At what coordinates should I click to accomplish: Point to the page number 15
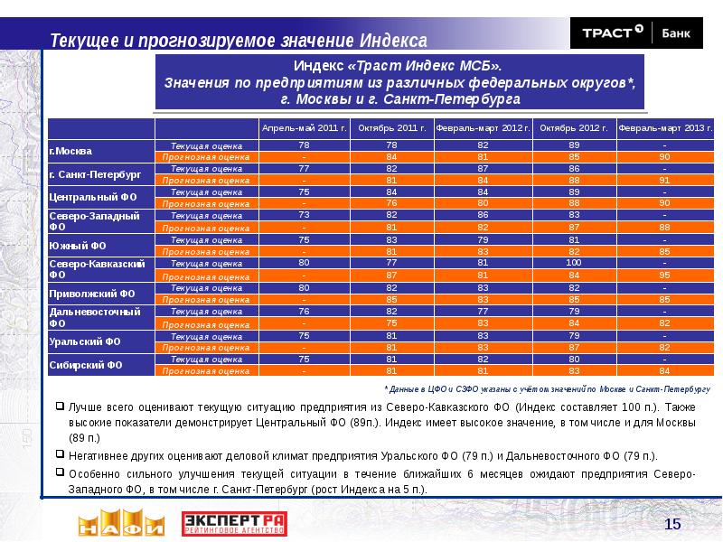[671, 525]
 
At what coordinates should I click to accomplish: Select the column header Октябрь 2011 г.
[391, 128]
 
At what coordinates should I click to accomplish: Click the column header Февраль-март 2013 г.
[664, 128]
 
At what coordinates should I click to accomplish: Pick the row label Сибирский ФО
[78, 365]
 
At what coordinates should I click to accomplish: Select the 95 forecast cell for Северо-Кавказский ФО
[664, 275]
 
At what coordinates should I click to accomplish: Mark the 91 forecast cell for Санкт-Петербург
[664, 179]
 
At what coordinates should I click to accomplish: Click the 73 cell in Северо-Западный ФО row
[304, 216]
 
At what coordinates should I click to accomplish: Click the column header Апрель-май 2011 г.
[304, 128]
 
